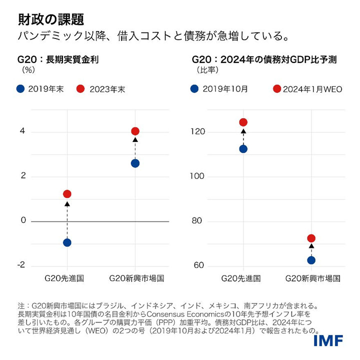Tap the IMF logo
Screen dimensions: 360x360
pyautogui.click(x=328, y=341)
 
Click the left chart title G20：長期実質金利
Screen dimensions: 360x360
pyautogui.click(x=58, y=59)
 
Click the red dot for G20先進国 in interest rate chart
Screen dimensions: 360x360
pyautogui.click(x=67, y=194)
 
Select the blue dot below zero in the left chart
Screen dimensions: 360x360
pyautogui.click(x=67, y=242)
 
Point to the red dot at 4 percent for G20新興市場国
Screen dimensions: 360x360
pyautogui.click(x=135, y=131)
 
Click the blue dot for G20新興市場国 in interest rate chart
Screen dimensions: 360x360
pyautogui.click(x=135, y=163)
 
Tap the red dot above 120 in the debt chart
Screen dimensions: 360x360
pyautogui.click(x=243, y=122)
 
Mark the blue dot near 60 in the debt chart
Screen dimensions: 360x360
pyautogui.click(x=311, y=260)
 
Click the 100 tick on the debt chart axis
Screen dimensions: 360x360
pyautogui.click(x=198, y=176)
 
